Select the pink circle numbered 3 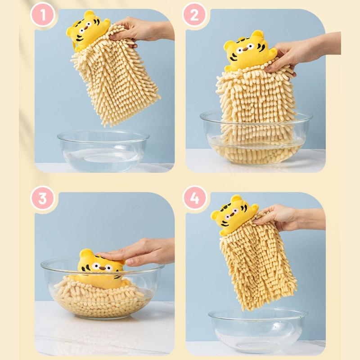click(42, 198)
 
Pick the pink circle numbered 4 click(194, 198)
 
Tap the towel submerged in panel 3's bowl click(99, 297)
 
